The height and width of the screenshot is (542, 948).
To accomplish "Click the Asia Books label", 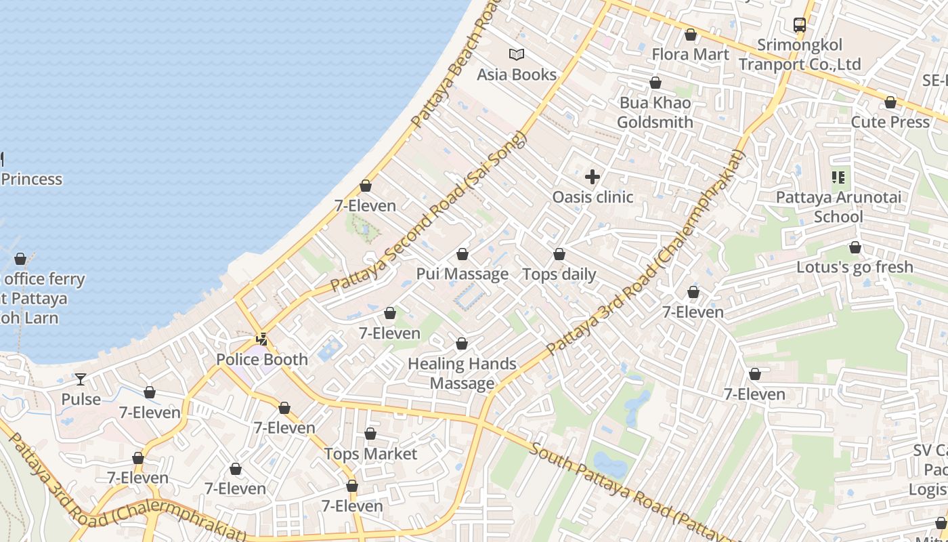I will (517, 75).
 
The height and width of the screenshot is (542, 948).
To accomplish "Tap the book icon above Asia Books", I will (517, 54).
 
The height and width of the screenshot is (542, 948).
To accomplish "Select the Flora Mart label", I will (691, 54).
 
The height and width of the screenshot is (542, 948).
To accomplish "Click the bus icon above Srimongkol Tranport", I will (800, 25).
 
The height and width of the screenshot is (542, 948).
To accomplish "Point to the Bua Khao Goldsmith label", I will (655, 112).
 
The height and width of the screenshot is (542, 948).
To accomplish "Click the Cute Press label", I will (890, 122).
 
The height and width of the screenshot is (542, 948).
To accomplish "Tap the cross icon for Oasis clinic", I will (592, 178).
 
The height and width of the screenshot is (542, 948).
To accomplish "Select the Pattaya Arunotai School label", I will (838, 207).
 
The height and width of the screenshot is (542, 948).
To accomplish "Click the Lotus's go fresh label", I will (855, 267).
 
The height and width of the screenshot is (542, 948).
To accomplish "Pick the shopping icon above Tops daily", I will (559, 255).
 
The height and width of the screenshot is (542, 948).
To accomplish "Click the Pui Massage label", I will (462, 274).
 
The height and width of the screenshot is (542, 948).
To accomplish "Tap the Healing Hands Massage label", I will (462, 373).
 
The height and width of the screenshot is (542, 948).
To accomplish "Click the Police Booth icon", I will (262, 339).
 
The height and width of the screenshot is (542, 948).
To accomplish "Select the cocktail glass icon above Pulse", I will (81, 379).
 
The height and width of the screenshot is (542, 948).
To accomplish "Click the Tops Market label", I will (370, 454).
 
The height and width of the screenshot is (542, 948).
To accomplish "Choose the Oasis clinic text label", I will (592, 197).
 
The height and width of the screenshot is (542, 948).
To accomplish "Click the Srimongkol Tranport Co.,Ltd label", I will (800, 55).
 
